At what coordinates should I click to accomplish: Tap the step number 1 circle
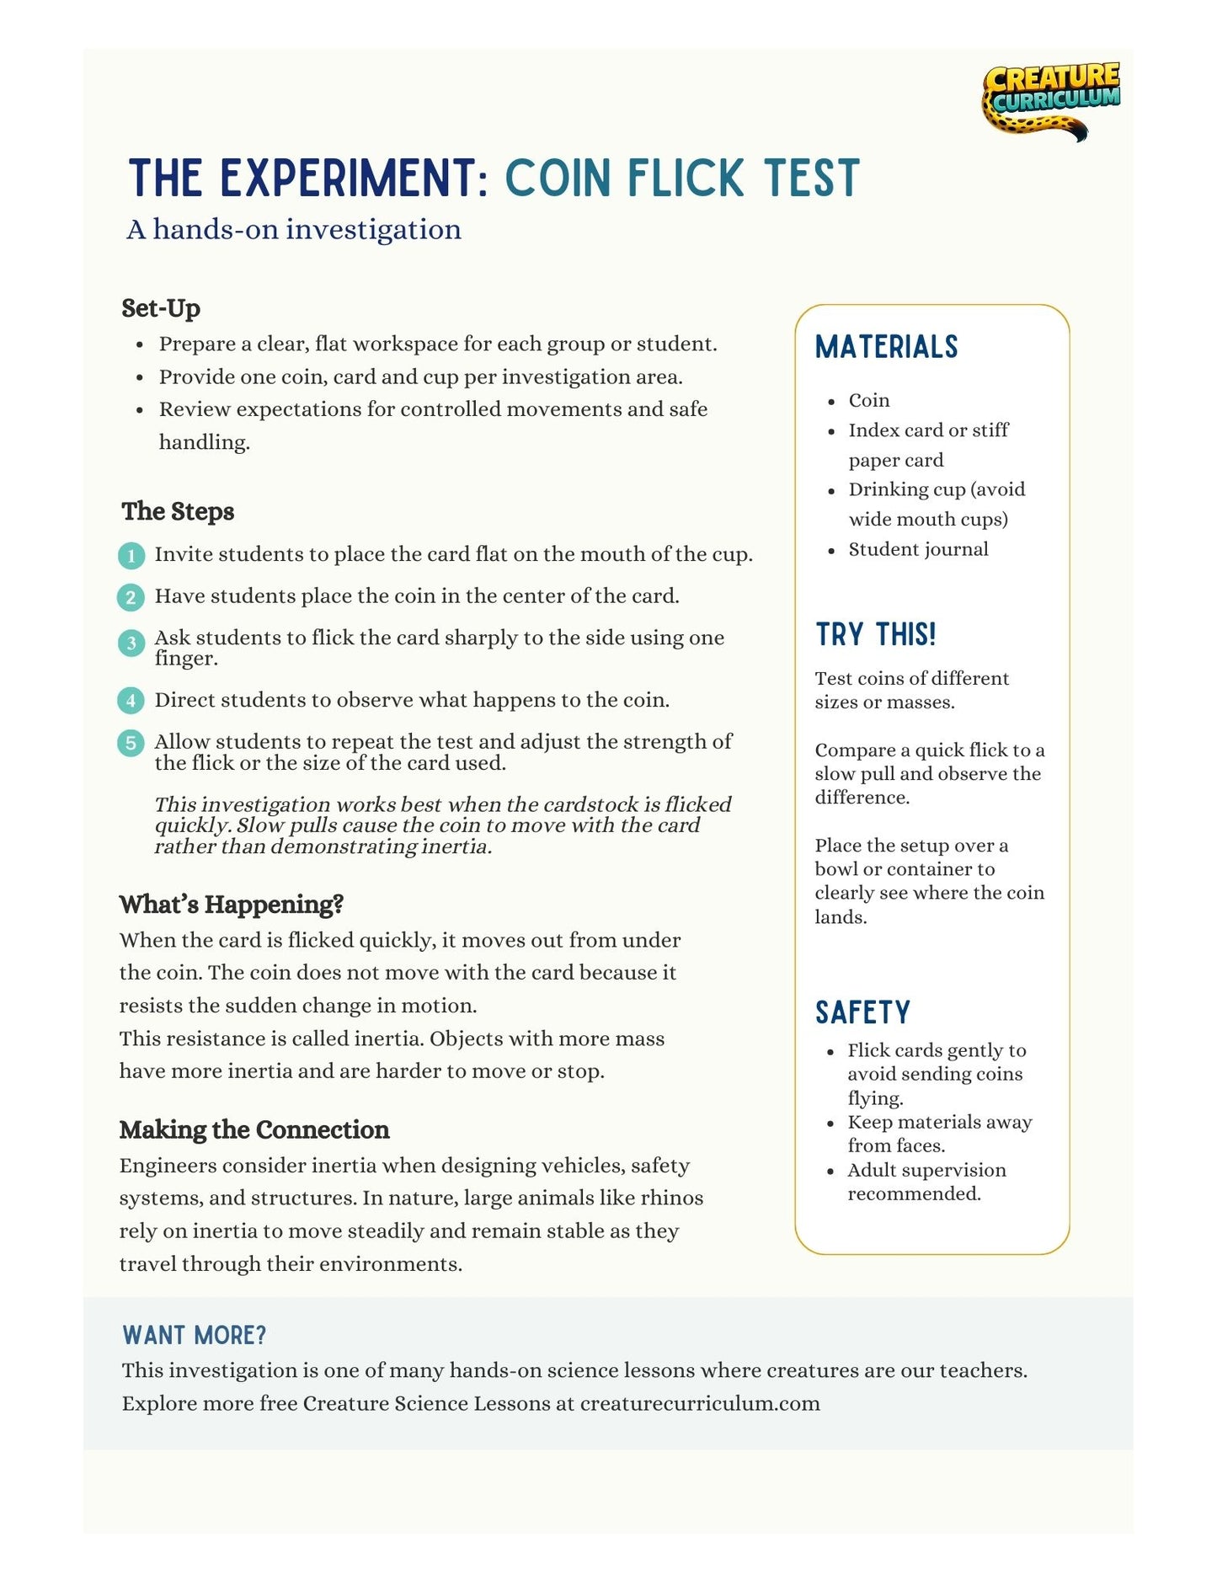[x=131, y=555]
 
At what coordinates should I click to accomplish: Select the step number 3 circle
[x=131, y=643]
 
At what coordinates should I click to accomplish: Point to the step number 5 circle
[x=131, y=743]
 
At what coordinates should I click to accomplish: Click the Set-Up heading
[x=161, y=308]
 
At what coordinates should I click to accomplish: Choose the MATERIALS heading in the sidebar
[x=886, y=347]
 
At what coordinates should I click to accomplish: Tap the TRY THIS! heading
[x=875, y=634]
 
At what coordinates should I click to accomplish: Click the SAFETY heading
[x=862, y=1012]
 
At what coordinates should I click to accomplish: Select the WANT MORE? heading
[x=194, y=1335]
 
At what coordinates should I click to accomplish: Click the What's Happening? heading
[x=232, y=905]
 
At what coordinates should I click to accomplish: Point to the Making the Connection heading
[x=254, y=1129]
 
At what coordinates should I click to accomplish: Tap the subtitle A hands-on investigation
[x=294, y=229]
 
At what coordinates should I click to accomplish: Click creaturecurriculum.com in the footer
[x=700, y=1403]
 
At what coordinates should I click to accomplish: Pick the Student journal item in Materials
[x=918, y=549]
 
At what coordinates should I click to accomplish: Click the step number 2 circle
[x=131, y=597]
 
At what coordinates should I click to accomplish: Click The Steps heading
[x=178, y=511]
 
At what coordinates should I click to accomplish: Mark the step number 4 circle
[x=131, y=701]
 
